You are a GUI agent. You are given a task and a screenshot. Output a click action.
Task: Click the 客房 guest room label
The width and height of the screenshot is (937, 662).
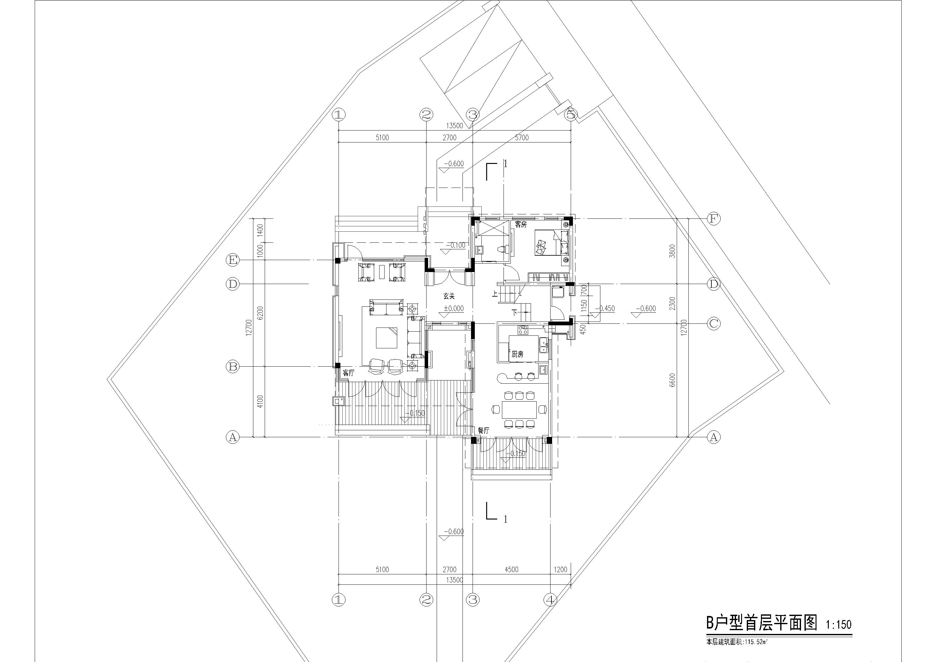(521, 224)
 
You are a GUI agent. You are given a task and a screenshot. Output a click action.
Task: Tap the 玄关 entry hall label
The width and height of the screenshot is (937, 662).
(449, 297)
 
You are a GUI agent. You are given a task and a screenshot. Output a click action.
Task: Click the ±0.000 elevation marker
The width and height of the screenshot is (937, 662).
(454, 308)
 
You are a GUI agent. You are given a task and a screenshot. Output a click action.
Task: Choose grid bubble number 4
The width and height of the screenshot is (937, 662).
(551, 600)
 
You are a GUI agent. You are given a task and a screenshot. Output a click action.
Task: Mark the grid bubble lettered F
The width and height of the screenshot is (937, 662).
(713, 219)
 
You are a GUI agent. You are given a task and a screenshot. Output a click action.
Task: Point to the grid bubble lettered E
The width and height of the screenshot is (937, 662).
(233, 260)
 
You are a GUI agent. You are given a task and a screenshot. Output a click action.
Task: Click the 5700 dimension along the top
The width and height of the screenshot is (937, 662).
(522, 138)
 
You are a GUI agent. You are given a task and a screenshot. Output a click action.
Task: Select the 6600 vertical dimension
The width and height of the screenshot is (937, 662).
(673, 380)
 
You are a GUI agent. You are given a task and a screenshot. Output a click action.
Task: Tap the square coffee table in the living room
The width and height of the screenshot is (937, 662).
(386, 338)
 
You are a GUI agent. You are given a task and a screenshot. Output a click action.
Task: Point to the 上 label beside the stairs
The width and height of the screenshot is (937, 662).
(495, 293)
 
